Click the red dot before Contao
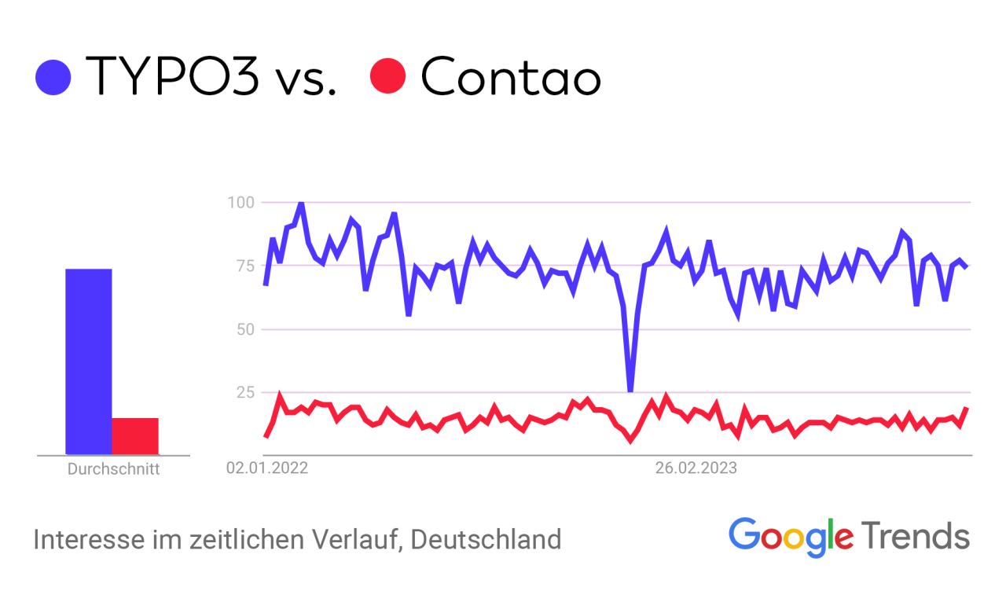[x=387, y=76]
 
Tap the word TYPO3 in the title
[x=172, y=76]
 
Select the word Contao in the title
[x=511, y=77]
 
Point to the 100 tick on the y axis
[x=241, y=202]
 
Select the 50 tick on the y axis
[x=244, y=329]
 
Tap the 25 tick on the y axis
[x=244, y=391]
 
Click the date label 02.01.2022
[x=267, y=469]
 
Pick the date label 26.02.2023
[x=696, y=469]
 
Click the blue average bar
[x=88, y=362]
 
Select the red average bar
[x=135, y=436]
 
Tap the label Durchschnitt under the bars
[x=113, y=470]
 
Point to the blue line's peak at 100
[x=301, y=204]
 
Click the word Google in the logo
[x=791, y=537]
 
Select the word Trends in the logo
[x=916, y=536]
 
